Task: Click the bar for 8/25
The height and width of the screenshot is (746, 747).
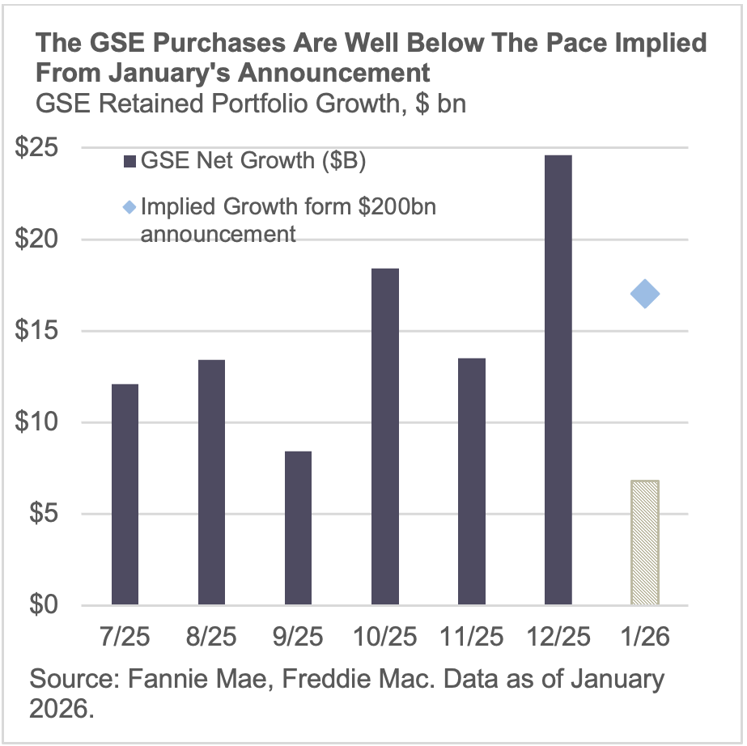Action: [x=211, y=482]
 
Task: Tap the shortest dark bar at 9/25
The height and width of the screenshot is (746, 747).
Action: [x=298, y=528]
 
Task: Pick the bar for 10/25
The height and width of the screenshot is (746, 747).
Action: [x=385, y=437]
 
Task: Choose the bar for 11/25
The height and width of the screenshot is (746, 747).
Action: [x=472, y=481]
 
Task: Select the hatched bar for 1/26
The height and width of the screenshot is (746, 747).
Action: [x=645, y=543]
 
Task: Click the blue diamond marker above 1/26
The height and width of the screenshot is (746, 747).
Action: [x=645, y=294]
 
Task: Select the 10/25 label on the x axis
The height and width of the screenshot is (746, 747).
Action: [x=385, y=638]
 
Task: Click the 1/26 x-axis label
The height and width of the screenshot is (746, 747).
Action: [x=645, y=638]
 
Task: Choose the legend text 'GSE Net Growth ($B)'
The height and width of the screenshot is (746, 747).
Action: [x=253, y=161]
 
